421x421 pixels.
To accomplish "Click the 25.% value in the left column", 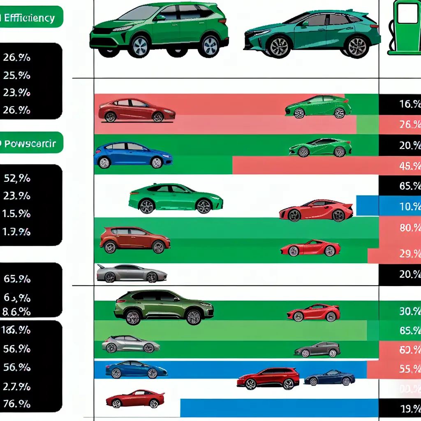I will [16, 76].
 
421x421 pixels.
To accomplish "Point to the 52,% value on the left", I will [17, 178].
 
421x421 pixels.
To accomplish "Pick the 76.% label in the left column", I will [17, 404].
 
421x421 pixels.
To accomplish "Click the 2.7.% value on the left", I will [17, 386].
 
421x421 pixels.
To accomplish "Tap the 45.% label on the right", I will [409, 166].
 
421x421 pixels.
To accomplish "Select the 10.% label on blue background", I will [409, 206].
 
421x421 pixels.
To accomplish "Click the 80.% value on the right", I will [409, 227].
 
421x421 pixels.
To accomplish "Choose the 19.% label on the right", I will [409, 409].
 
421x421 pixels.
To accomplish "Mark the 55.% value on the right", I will [409, 369].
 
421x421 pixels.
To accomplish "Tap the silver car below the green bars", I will [132, 273].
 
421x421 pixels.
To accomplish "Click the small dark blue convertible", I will [329, 377].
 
